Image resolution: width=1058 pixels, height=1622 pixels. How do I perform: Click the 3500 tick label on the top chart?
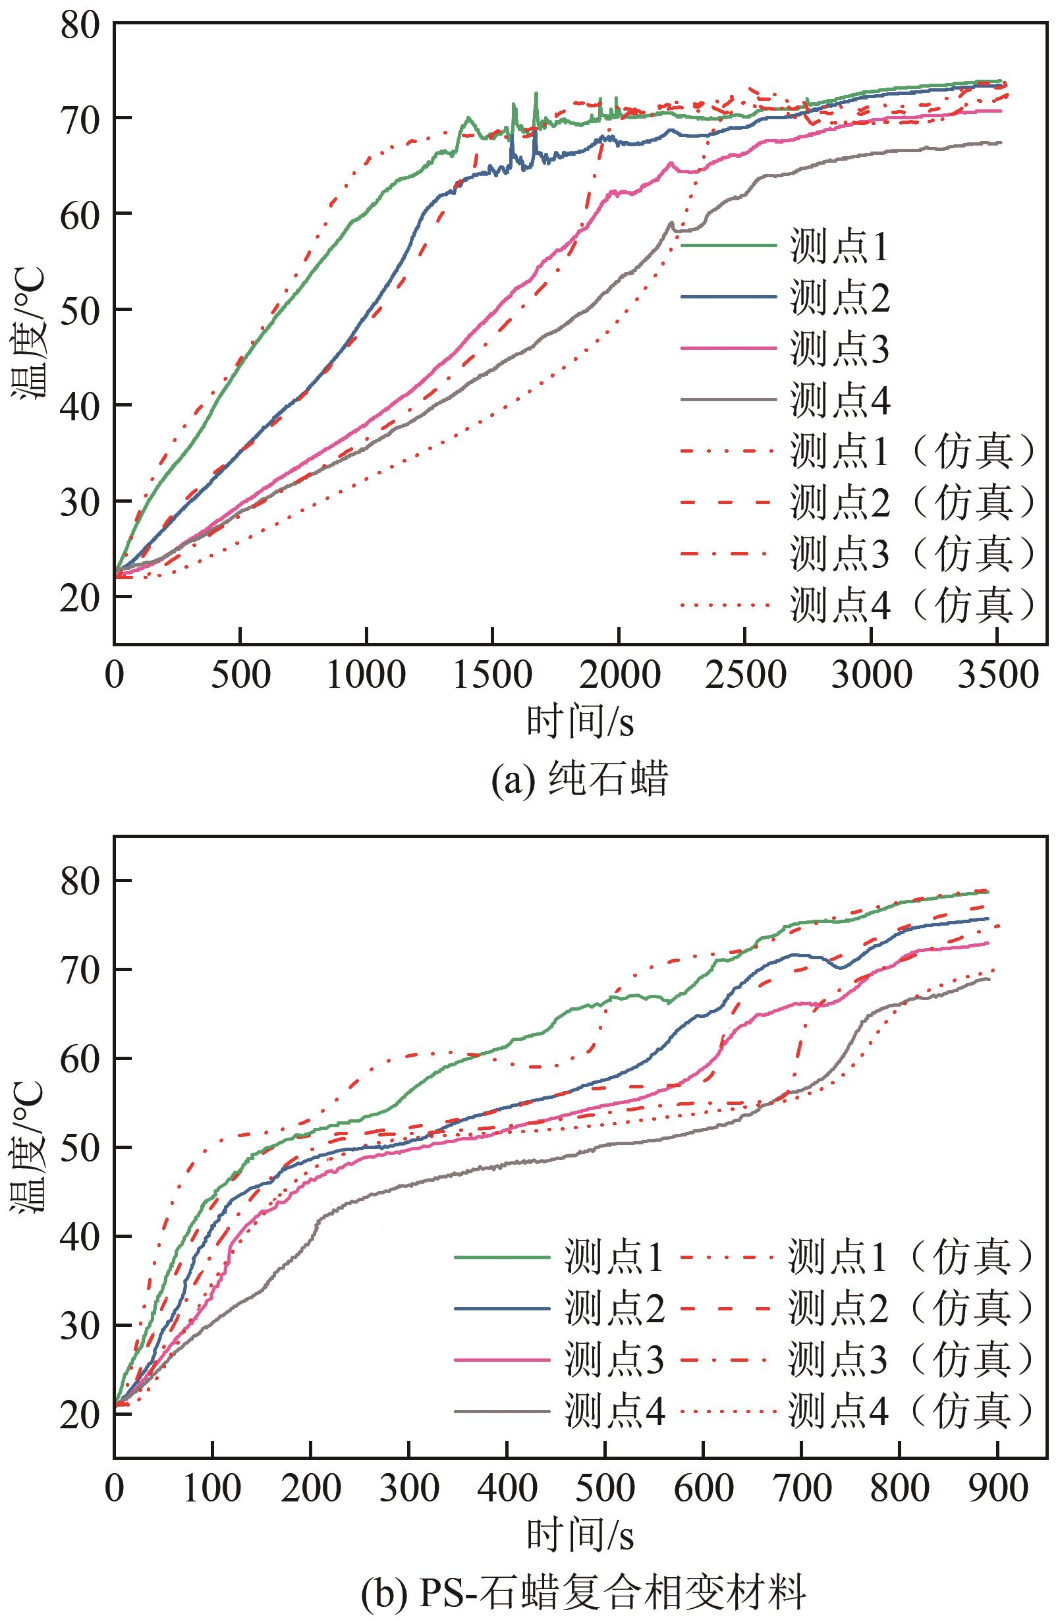point(998,675)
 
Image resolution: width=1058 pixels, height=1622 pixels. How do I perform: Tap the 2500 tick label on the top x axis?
point(746,675)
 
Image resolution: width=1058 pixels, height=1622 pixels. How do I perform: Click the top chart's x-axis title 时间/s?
point(580,721)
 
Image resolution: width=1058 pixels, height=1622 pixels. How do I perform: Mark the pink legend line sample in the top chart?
point(728,349)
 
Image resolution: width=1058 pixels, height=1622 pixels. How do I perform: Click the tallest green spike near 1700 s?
point(536,94)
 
